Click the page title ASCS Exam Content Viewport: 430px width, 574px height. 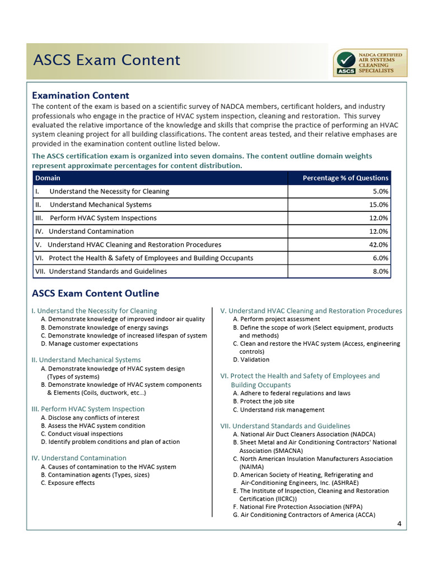(106, 60)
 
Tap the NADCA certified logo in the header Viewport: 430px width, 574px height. (370, 63)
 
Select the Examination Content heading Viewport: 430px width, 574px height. (81, 95)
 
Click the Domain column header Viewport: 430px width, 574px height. (48, 178)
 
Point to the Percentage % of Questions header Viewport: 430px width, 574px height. (345, 178)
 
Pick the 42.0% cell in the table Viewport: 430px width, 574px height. (377, 244)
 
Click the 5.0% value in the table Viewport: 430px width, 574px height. (380, 191)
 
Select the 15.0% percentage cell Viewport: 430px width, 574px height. (377, 205)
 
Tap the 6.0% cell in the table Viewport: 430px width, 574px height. (380, 258)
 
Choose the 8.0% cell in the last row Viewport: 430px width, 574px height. (380, 271)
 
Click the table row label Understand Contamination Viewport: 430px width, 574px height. (91, 231)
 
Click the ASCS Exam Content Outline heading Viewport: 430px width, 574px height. (96, 293)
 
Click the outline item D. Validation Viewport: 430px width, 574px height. (251, 359)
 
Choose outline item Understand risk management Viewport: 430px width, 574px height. (278, 410)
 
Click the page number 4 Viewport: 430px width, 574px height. (399, 524)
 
